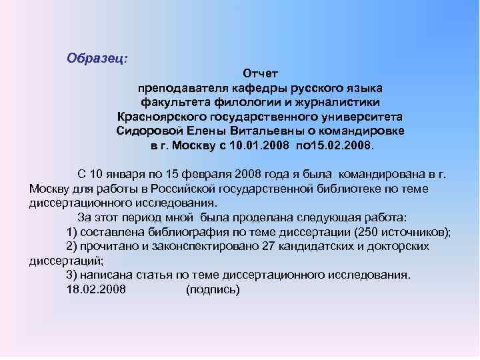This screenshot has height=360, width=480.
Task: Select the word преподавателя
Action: (x=176, y=87)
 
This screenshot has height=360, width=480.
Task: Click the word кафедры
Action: (x=247, y=87)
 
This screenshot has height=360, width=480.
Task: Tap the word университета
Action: (x=357, y=116)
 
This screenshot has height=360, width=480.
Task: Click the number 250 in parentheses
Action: (x=370, y=232)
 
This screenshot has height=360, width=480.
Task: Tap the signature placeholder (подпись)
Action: (x=212, y=289)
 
